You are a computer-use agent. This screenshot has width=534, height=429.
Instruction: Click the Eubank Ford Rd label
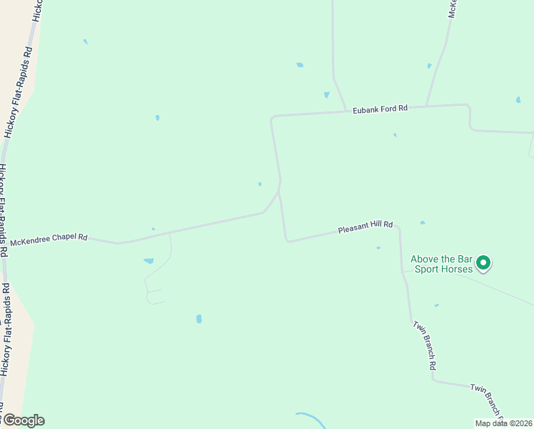[380, 109]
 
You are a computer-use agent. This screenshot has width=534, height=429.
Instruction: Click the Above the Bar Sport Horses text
[441, 265]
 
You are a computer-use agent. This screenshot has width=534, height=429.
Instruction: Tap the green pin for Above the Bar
[483, 263]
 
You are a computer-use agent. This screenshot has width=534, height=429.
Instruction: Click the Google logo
[23, 420]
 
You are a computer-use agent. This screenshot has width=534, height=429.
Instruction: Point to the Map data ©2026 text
[503, 423]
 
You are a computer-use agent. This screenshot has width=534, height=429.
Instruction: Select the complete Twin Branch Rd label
[424, 345]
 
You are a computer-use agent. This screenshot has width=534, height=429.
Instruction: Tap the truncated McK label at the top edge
[453, 9]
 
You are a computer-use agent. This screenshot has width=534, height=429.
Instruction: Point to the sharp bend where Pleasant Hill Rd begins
[288, 241]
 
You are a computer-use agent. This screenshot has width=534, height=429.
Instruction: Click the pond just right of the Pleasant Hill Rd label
[423, 222]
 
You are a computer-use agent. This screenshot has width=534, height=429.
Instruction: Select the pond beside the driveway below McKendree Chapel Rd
[148, 261]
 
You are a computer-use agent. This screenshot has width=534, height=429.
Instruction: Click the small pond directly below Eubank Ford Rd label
[395, 134]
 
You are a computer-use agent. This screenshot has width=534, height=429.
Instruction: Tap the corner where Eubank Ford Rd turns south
[272, 117]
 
